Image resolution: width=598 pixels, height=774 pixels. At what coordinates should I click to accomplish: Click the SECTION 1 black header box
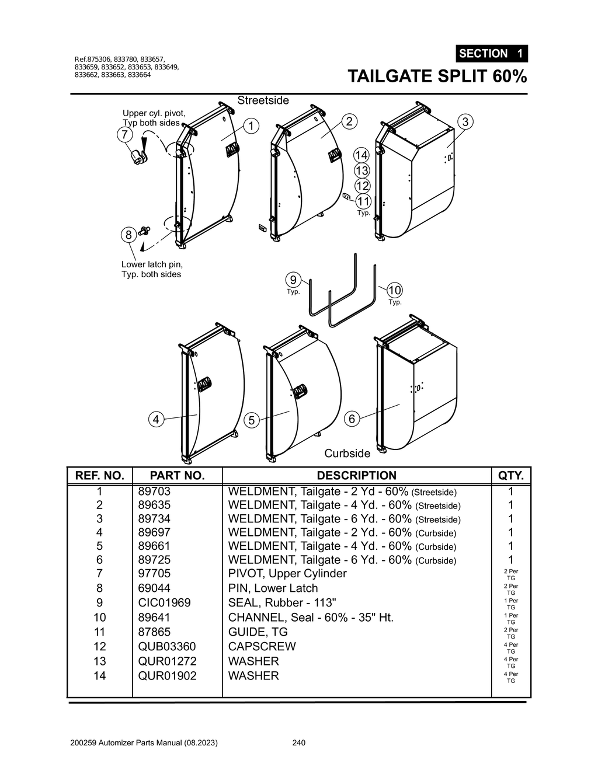491,54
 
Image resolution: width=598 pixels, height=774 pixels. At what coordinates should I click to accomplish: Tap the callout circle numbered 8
128,235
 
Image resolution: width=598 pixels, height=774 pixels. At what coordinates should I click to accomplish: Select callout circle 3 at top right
465,122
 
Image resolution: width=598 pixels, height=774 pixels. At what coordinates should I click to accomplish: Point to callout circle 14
361,155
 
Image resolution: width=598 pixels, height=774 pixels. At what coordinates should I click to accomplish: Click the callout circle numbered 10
395,290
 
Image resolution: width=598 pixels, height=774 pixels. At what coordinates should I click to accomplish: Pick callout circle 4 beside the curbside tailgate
156,419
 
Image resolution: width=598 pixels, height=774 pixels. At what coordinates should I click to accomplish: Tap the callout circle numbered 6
352,419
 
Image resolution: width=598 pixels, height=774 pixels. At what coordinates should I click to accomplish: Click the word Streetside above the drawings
263,100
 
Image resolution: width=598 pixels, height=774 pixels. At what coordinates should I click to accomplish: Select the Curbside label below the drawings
347,454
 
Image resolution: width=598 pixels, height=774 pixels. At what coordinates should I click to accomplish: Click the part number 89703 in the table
154,491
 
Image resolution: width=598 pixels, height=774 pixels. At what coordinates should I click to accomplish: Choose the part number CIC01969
164,602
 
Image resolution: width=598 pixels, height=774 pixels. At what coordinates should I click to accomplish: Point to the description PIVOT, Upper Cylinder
287,573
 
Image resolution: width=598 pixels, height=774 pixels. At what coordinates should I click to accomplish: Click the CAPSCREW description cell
262,646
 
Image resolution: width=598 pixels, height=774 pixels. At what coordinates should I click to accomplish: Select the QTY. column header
510,476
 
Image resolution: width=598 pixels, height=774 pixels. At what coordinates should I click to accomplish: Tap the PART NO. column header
177,476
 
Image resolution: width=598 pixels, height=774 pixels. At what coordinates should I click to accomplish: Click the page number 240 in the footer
298,743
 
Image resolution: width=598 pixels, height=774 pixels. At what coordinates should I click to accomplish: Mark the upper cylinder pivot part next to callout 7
139,156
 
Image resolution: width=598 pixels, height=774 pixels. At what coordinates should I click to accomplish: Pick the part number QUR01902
167,675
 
